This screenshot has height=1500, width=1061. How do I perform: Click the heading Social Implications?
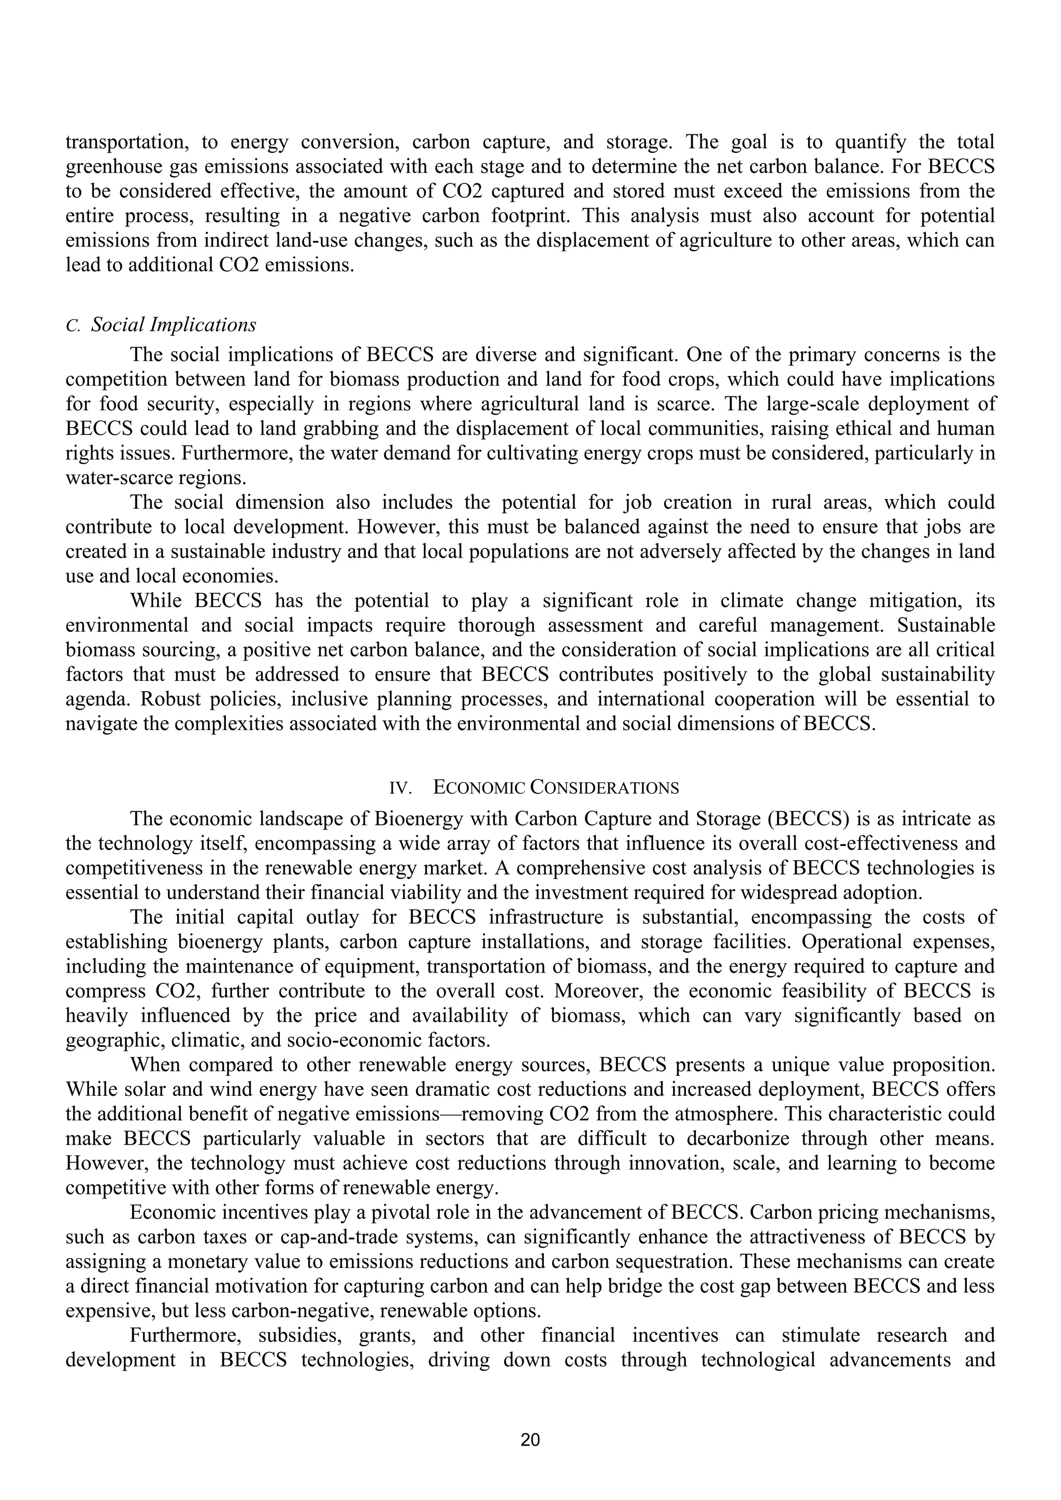click(173, 325)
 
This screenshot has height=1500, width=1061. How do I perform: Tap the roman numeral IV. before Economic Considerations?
click(400, 788)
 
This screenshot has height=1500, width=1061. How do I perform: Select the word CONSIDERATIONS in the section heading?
click(605, 788)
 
